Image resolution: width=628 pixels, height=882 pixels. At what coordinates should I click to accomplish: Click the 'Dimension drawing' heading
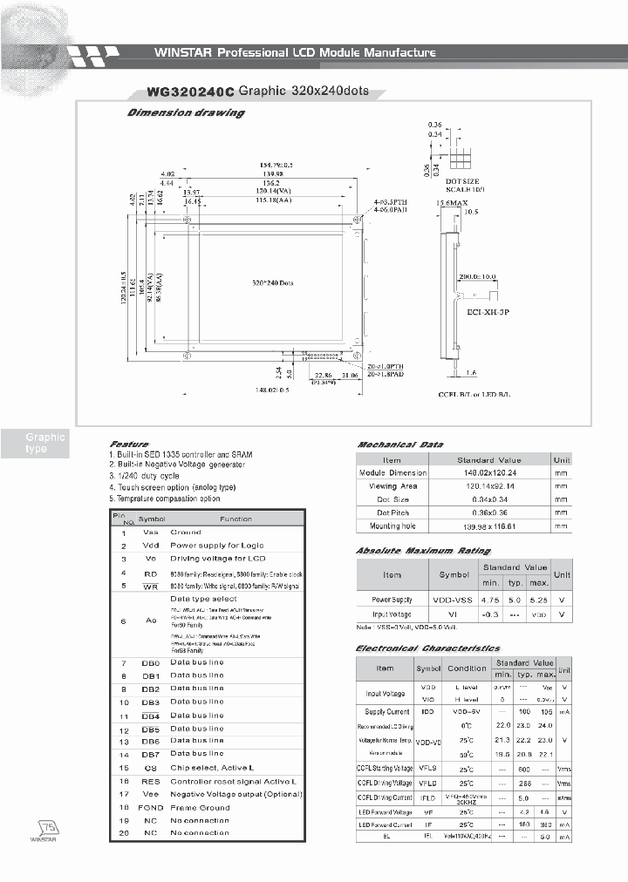[x=186, y=113]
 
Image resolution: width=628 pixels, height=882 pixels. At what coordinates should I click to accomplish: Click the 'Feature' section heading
[x=129, y=444]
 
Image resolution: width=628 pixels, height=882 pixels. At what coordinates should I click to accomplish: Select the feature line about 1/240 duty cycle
[x=145, y=477]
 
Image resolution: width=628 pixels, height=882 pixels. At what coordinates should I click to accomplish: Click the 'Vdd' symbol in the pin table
[x=151, y=546]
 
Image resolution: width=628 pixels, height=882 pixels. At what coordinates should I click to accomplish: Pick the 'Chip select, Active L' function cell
[x=212, y=768]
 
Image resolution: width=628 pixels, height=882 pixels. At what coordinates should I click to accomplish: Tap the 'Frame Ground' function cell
[x=200, y=808]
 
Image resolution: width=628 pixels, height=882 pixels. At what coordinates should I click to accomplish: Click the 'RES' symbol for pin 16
[x=151, y=781]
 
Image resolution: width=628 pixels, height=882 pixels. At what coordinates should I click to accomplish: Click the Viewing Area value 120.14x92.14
[x=488, y=486]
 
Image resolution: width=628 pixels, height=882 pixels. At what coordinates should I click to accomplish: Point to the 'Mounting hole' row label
[x=392, y=526]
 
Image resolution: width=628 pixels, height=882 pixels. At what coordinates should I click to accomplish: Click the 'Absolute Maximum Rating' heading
[x=423, y=552]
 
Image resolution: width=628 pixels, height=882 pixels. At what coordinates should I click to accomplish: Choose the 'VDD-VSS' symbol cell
[x=454, y=600]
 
